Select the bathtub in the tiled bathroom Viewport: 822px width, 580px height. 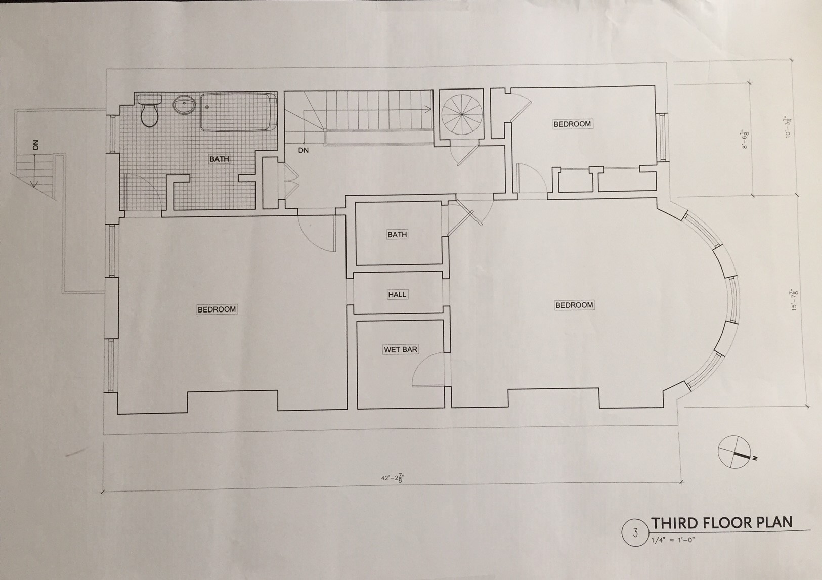click(x=239, y=112)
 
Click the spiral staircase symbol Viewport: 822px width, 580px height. click(x=462, y=114)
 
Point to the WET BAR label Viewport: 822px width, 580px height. click(x=400, y=349)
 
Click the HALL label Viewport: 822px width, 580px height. click(x=397, y=294)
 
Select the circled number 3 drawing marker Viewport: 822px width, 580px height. click(x=635, y=532)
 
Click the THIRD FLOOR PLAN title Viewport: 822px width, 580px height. click(x=721, y=522)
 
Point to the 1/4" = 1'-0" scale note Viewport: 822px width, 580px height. click(x=673, y=540)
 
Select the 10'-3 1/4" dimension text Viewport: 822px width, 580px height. click(x=788, y=127)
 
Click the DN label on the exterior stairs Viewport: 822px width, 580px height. click(x=35, y=145)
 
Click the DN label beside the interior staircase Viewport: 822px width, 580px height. click(x=304, y=150)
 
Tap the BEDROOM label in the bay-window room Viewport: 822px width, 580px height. click(x=574, y=305)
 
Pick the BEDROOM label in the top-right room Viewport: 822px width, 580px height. click(x=573, y=124)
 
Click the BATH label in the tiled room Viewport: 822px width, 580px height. click(x=219, y=159)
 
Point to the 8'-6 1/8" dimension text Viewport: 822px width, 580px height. click(x=745, y=139)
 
